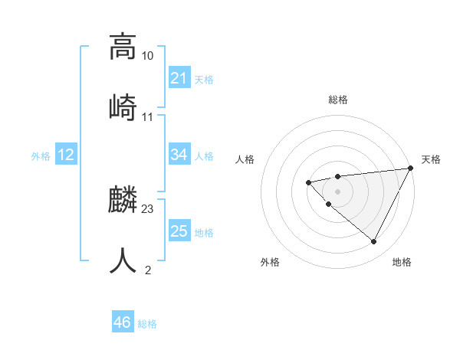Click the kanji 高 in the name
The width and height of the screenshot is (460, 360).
coord(123,47)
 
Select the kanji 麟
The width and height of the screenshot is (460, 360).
coord(123,201)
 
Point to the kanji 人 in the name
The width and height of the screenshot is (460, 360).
coord(123,260)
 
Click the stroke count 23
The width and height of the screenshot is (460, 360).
coord(148,209)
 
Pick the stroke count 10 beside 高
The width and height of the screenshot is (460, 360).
coord(148,56)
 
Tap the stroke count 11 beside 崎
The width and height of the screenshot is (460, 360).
coord(148,117)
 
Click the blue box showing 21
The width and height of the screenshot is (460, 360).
coord(179,78)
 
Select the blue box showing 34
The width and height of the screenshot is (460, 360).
coord(179,155)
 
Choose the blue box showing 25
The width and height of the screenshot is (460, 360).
coord(179,231)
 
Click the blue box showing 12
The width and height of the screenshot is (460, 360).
coord(66,155)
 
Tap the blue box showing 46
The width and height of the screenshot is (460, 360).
coord(123,322)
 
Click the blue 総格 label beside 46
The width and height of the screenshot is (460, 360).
coord(147,324)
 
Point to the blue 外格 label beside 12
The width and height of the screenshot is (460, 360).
coord(41,156)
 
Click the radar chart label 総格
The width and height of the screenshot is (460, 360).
coord(337,100)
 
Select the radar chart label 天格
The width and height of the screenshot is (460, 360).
coord(431,159)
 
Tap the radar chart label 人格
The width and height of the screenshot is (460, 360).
coord(245,159)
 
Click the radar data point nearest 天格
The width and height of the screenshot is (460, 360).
coord(411,168)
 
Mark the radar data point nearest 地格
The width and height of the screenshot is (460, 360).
coord(373,242)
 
